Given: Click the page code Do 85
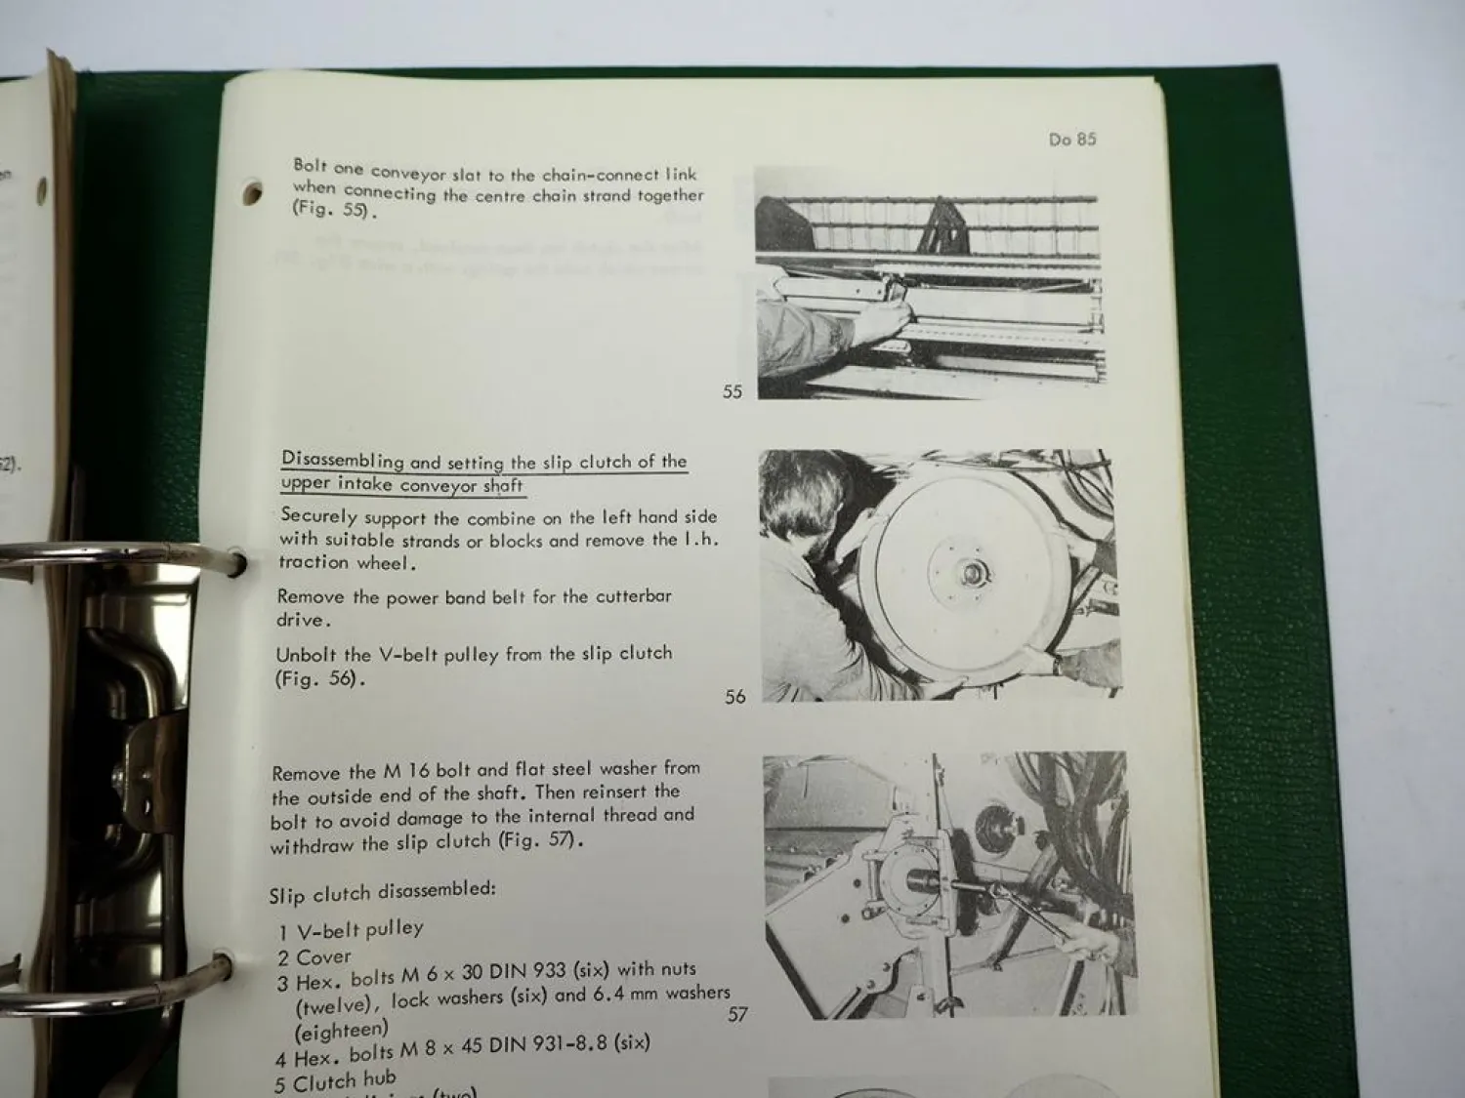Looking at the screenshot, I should (x=1072, y=140).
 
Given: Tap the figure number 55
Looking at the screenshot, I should (x=732, y=391).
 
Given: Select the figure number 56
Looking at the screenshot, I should (x=735, y=697).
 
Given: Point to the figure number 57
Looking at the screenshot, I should (x=737, y=1014).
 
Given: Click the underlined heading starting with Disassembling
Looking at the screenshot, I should (x=483, y=472).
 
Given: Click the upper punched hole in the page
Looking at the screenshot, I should (x=252, y=192).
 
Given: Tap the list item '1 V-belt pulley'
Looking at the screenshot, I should (x=351, y=929).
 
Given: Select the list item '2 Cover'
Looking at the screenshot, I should (x=314, y=957).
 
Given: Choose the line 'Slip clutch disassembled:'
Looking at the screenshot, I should (x=382, y=892).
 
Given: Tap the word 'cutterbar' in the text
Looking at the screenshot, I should (x=629, y=595).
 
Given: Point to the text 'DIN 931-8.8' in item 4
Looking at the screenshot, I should (x=546, y=1043).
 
